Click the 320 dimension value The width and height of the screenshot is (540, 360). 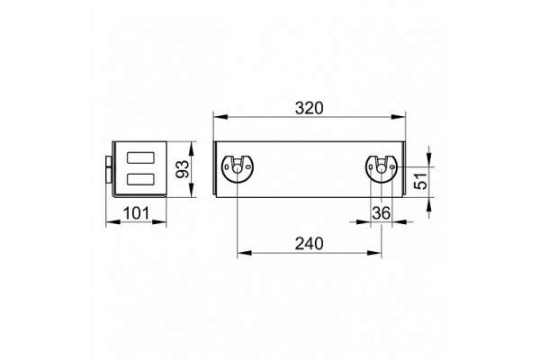[x=310, y=108]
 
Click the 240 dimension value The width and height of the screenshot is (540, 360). [x=310, y=244]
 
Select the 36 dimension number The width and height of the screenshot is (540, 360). [x=382, y=213]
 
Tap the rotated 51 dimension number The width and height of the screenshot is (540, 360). [x=420, y=180]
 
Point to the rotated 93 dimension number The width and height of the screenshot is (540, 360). [x=183, y=169]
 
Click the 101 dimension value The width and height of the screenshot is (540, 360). [x=137, y=213]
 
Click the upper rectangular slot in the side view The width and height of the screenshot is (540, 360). [x=140, y=157]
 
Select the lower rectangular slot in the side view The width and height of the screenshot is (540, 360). [x=140, y=179]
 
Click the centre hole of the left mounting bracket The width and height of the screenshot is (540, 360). [x=238, y=168]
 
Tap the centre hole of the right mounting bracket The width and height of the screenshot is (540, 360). [x=382, y=168]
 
